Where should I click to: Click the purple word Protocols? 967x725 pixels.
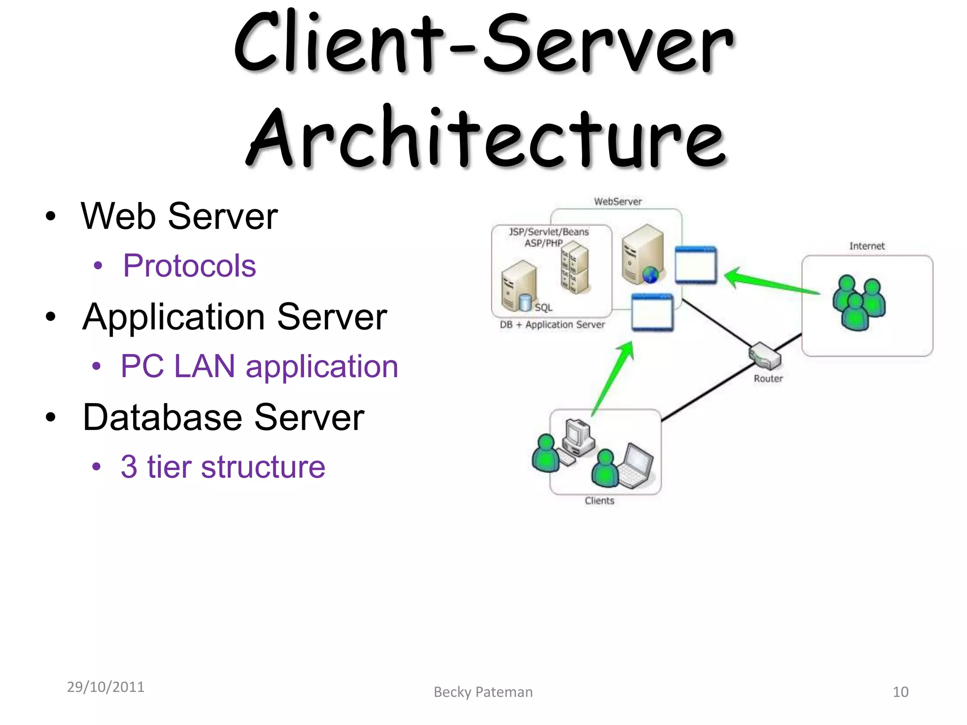coord(189,266)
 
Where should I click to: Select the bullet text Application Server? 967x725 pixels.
coord(235,317)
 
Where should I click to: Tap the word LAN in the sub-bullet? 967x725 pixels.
coord(204,366)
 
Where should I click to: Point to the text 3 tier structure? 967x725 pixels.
coord(223,467)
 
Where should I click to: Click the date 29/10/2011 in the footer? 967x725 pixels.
coord(106,687)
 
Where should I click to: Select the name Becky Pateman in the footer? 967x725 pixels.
coord(483,692)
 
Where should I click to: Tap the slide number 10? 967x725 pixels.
coord(900,692)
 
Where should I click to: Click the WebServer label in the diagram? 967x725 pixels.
coord(618,202)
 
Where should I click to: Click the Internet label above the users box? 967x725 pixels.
coord(866,246)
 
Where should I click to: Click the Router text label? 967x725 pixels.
coord(768,379)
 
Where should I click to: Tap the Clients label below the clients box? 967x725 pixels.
coord(599,501)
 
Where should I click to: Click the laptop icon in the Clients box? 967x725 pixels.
coord(636,466)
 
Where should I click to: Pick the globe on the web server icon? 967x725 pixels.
coord(650,275)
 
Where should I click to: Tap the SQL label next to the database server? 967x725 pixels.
coord(543,308)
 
